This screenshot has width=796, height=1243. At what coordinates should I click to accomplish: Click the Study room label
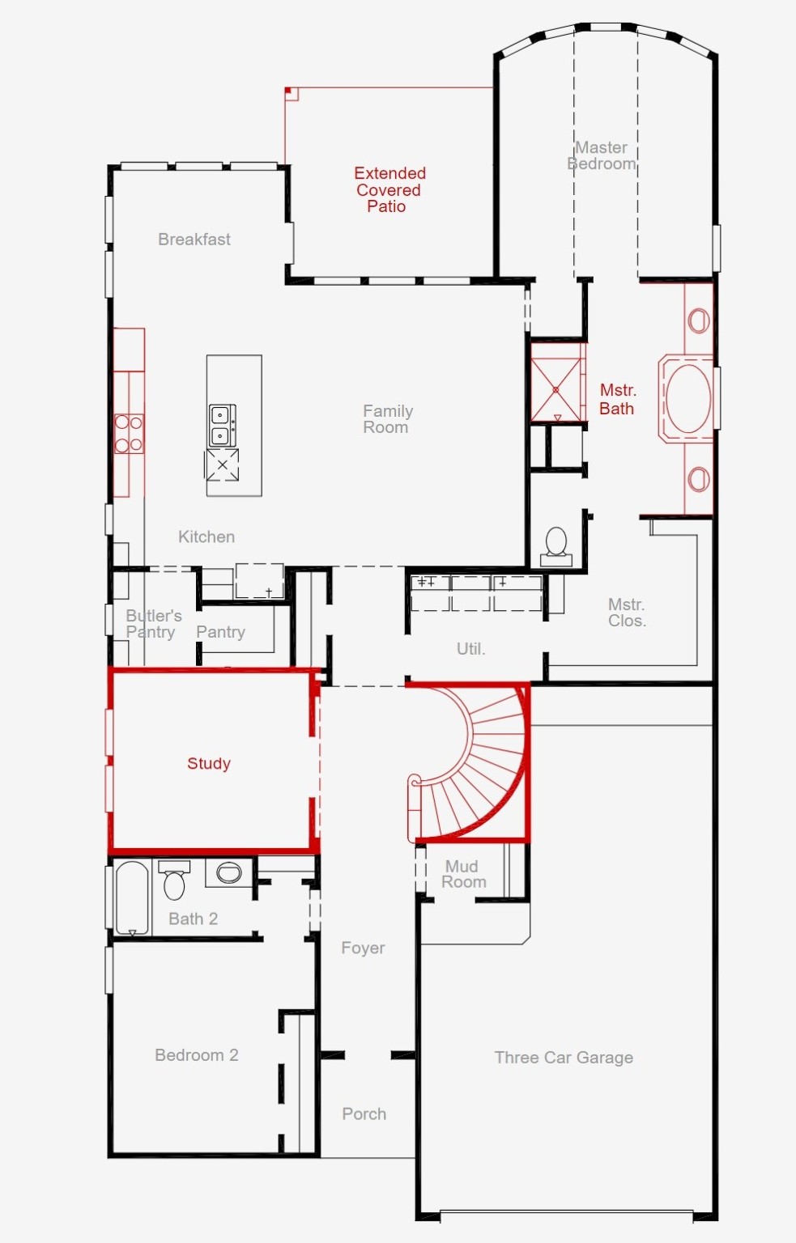click(209, 763)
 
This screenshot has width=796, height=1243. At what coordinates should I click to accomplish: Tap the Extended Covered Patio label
click(389, 189)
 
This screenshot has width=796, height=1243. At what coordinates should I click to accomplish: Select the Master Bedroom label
click(602, 155)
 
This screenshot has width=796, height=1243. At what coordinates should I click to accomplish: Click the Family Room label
click(387, 419)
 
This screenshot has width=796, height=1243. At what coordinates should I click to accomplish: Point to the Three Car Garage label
click(564, 1057)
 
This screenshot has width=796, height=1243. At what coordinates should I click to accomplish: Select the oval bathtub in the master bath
click(688, 398)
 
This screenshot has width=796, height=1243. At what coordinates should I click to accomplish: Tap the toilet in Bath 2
click(174, 882)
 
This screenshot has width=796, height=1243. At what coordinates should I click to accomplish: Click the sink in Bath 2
click(229, 872)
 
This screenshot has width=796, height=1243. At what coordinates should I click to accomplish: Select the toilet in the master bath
click(556, 544)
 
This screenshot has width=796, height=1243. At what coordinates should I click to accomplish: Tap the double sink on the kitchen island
click(222, 426)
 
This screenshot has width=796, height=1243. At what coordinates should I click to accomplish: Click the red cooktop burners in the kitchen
click(129, 433)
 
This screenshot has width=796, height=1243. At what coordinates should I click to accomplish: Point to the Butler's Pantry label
click(152, 624)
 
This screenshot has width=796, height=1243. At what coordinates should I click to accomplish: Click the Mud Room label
click(463, 874)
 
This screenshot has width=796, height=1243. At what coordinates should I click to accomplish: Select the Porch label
click(364, 1114)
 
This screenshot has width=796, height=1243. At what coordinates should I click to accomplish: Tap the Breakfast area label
click(194, 240)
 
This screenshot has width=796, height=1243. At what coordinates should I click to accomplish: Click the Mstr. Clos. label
click(627, 613)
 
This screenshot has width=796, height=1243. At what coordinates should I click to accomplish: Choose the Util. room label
click(470, 648)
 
